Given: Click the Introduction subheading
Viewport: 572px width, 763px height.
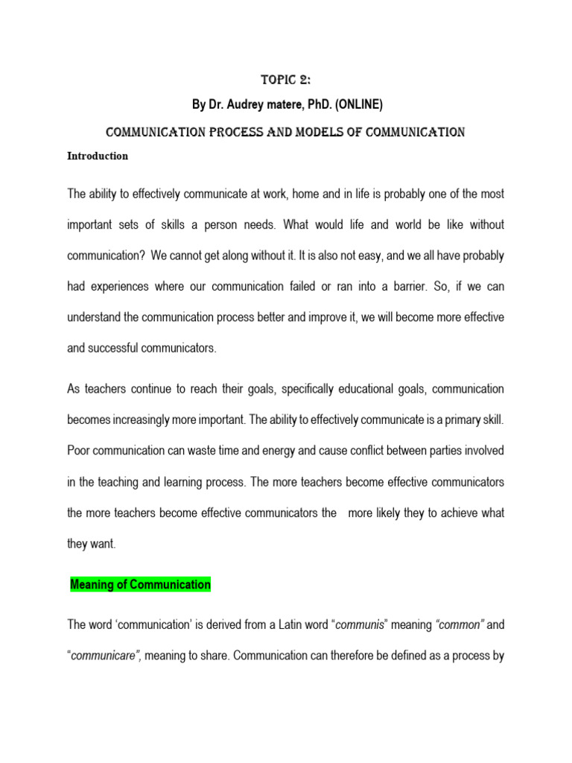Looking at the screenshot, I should click(98, 156).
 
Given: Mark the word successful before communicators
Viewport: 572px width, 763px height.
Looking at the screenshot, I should click(123, 347).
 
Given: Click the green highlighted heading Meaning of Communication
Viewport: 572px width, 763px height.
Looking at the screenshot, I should click(141, 585).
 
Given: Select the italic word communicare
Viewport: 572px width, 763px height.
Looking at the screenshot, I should click(103, 656).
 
